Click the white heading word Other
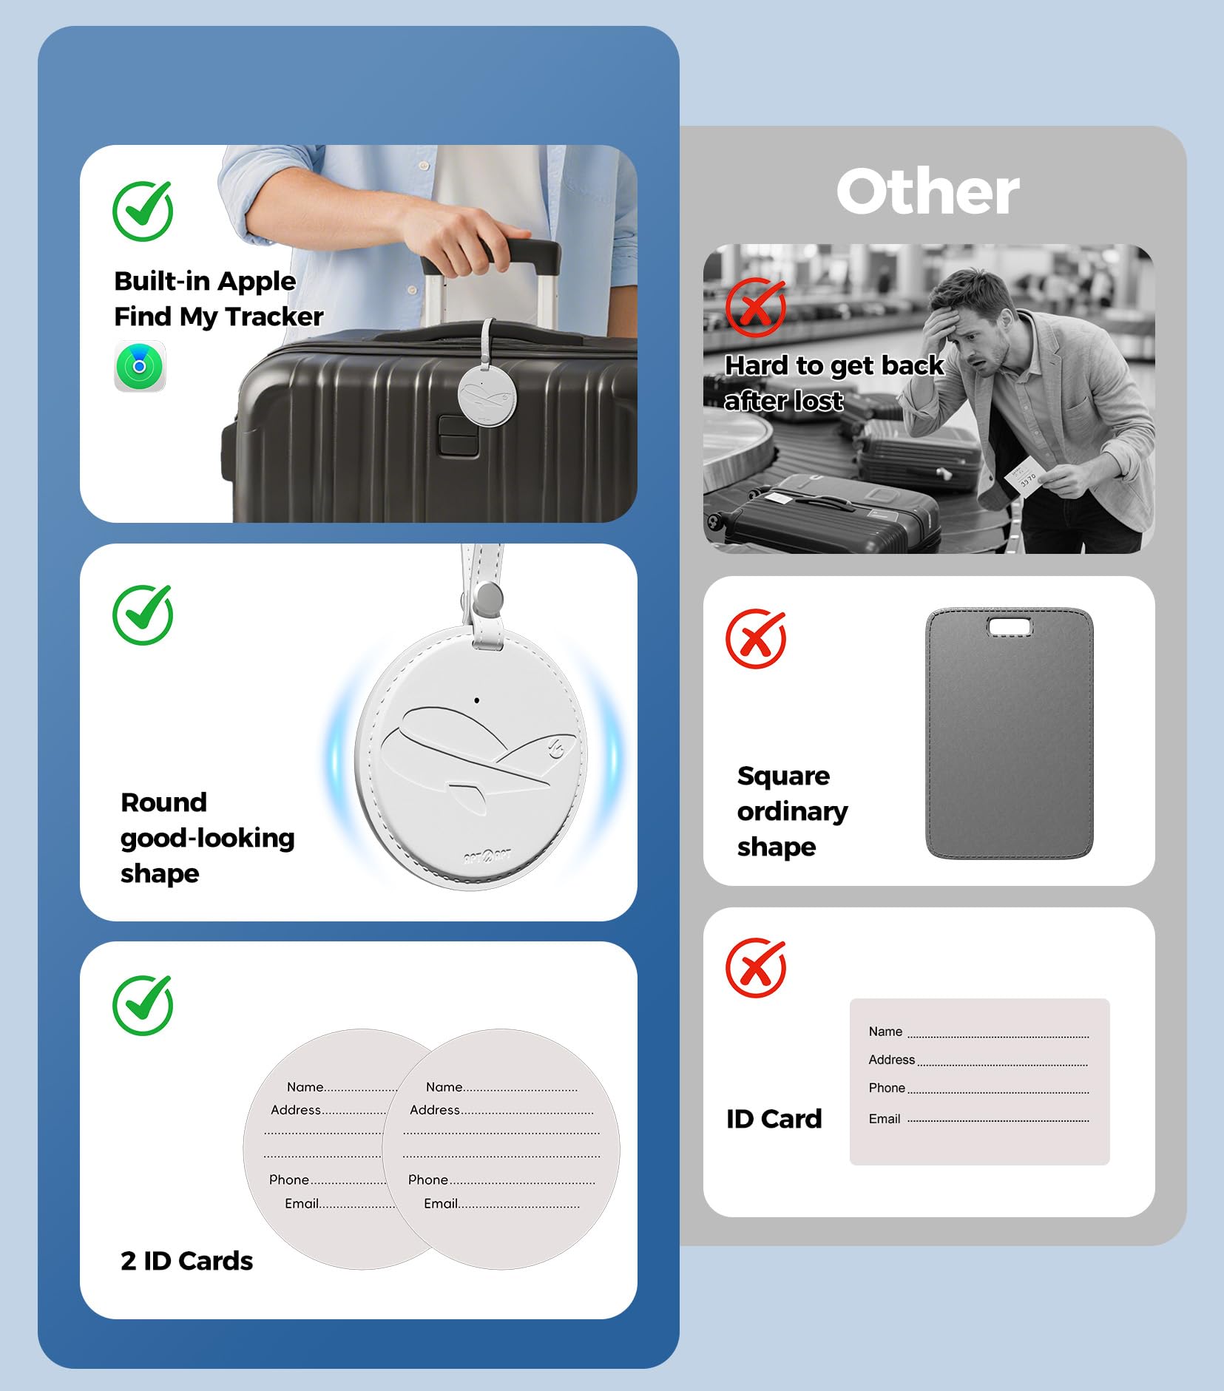click(928, 192)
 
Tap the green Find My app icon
click(140, 366)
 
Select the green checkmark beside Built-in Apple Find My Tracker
click(143, 211)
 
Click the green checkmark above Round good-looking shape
click(143, 615)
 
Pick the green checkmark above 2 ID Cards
click(143, 1005)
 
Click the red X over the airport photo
click(756, 307)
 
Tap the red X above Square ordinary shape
click(756, 638)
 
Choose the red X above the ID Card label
click(756, 967)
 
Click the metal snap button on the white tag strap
click(488, 597)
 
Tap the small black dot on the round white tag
click(477, 700)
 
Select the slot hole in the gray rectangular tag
click(1010, 628)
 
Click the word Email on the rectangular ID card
click(885, 1119)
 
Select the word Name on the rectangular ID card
click(885, 1032)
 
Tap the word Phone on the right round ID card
click(428, 1180)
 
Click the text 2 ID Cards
click(186, 1261)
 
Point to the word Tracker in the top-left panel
click(274, 317)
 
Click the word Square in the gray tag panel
click(783, 776)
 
